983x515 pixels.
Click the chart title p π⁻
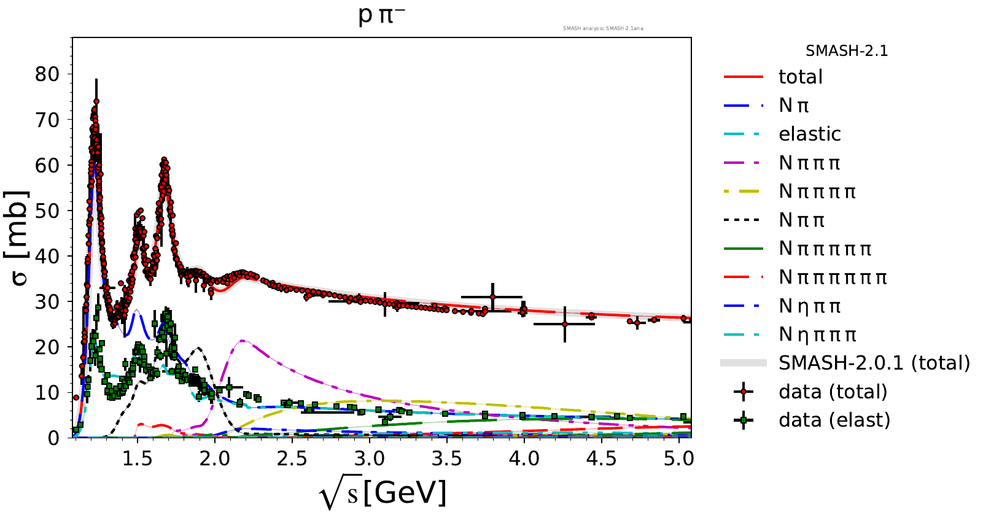[x=381, y=15]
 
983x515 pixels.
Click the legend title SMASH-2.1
[x=846, y=51]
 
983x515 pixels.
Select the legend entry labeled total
[x=800, y=77]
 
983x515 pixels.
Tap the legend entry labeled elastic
[x=809, y=134]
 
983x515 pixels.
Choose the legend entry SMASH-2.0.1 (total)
[x=874, y=363]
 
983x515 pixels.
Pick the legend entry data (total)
[x=833, y=392]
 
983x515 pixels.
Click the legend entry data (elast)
[x=834, y=420]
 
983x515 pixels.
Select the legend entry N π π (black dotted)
[x=801, y=220]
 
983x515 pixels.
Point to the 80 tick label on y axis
[x=47, y=74]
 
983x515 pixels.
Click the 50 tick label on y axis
[x=47, y=211]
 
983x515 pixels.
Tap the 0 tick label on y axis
[x=54, y=438]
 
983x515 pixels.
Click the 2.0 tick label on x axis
[x=214, y=459]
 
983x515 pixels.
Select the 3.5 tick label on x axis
[x=446, y=459]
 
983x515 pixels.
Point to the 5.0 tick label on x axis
[x=678, y=459]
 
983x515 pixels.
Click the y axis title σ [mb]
[x=18, y=238]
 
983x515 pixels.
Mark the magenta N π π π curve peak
[x=243, y=340]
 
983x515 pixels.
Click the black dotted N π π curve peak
[x=198, y=349]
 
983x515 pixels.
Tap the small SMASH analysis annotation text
[x=603, y=28]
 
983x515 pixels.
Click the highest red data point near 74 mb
[x=96, y=102]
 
